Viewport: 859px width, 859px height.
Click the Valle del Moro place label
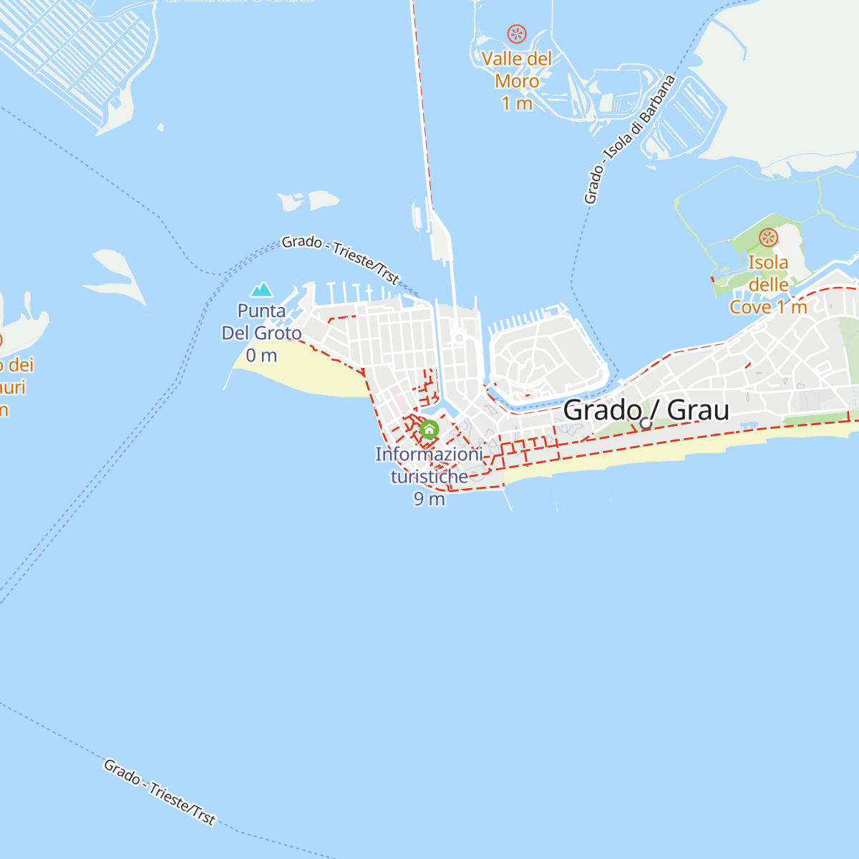point(517,70)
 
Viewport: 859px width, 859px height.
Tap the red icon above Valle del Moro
point(517,34)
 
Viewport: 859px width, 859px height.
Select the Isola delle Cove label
point(768,284)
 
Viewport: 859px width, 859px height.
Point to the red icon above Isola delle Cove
point(768,238)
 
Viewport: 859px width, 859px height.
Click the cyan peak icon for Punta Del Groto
point(262,289)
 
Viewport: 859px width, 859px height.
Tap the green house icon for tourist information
point(429,429)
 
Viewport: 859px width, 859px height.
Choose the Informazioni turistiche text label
point(429,465)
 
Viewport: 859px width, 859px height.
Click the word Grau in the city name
point(698,410)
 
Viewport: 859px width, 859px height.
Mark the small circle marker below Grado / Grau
point(646,423)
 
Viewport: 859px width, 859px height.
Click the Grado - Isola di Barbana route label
point(629,140)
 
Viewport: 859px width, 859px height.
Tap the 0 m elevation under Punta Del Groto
point(261,355)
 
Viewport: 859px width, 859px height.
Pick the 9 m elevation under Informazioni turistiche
point(429,499)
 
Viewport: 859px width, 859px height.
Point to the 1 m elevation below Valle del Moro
point(517,104)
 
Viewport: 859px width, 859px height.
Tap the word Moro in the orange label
point(517,81)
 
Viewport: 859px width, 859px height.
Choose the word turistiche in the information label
point(429,476)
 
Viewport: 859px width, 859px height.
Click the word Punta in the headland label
point(261,311)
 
